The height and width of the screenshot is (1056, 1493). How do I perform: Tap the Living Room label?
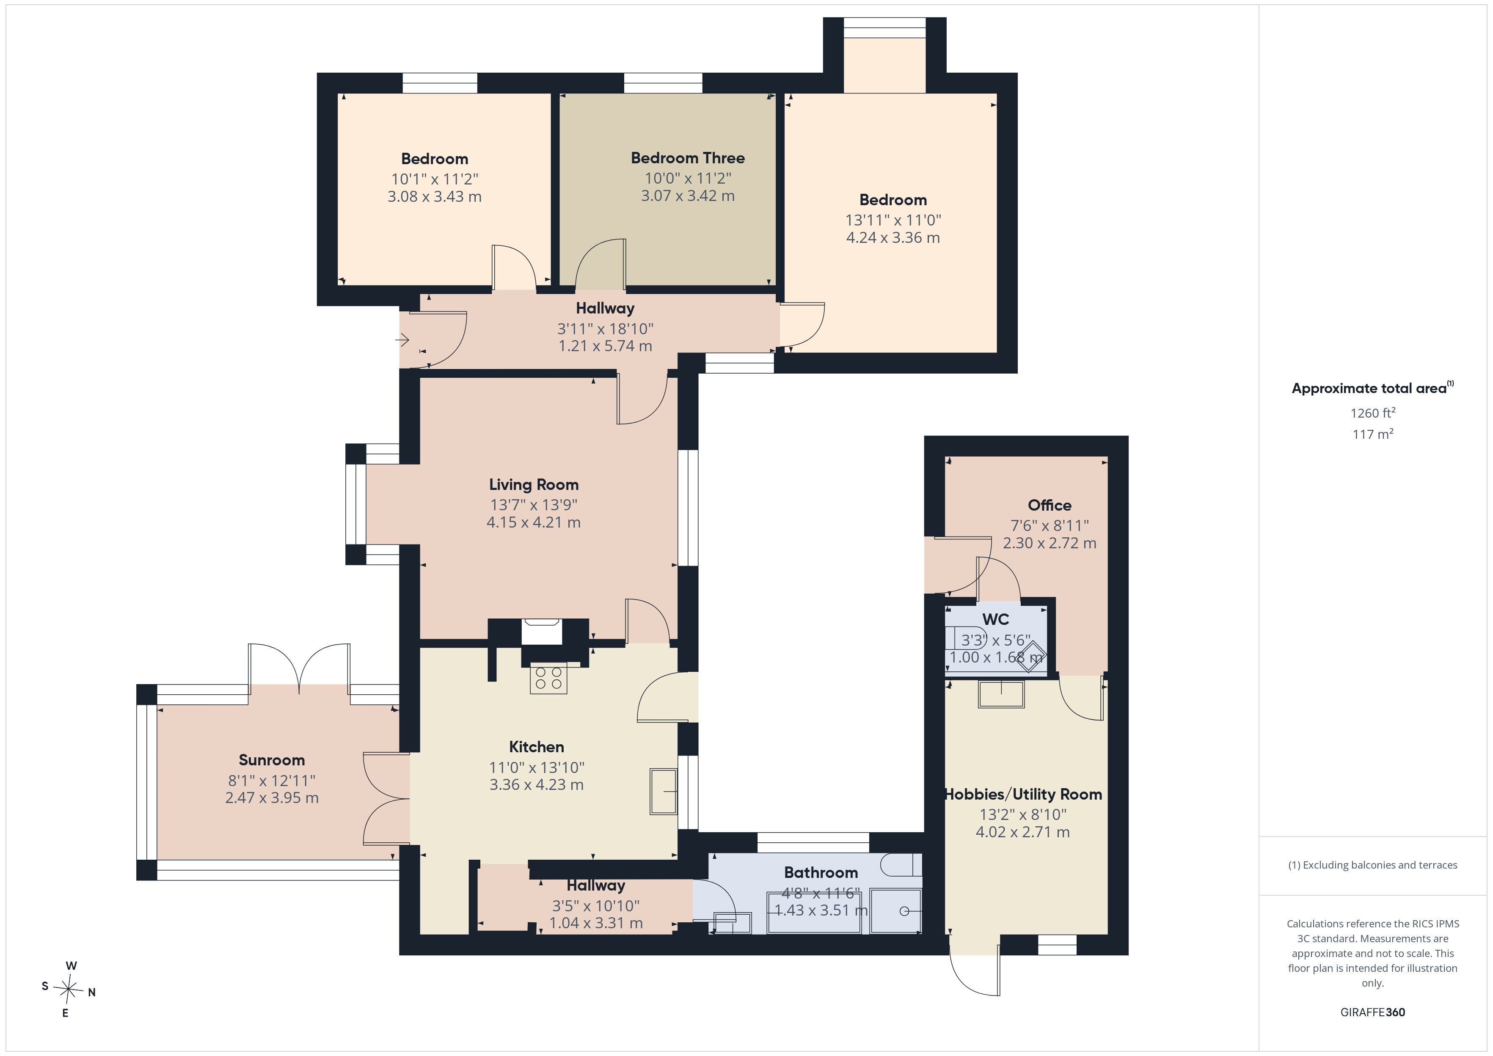[x=534, y=484]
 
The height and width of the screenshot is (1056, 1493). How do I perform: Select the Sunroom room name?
[x=272, y=760]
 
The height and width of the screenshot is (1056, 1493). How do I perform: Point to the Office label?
[x=1050, y=505]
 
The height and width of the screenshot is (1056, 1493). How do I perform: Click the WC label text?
[x=996, y=619]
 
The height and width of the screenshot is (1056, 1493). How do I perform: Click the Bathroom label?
[x=821, y=873]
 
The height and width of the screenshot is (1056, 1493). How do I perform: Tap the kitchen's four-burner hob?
[x=548, y=678]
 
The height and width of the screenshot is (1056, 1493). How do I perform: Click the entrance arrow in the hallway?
[x=402, y=339]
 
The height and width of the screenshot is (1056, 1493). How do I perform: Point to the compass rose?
[x=68, y=990]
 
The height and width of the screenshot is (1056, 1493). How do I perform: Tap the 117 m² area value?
[x=1373, y=434]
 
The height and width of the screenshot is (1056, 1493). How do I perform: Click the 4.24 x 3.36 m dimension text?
[x=893, y=238]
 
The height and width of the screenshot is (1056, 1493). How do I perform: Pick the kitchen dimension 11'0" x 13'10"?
[x=537, y=767]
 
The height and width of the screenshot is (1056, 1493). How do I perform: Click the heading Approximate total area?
[x=1369, y=389]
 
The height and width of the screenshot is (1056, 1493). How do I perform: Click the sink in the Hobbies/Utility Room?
[x=1001, y=694]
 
